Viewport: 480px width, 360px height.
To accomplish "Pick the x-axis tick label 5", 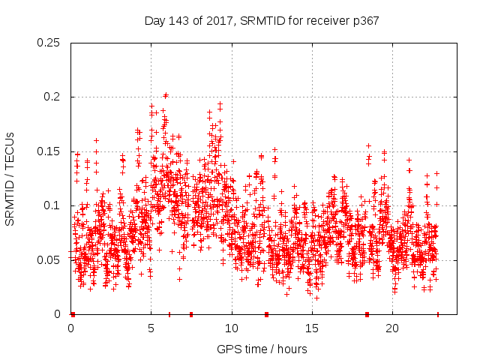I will tap(151, 329).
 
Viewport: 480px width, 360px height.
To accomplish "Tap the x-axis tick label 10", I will tap(232, 329).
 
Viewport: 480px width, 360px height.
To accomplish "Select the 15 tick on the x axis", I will tap(312, 329).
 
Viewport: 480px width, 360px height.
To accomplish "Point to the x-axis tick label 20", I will tap(392, 329).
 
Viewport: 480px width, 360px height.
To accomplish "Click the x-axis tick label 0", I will tap(71, 329).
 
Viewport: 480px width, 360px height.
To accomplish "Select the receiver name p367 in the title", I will tap(364, 20).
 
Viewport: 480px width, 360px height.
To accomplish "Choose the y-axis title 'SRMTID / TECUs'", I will tap(10, 178).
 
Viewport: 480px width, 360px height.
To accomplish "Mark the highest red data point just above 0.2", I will tap(166, 95).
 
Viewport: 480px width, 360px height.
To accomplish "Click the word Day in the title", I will tap(155, 20).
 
